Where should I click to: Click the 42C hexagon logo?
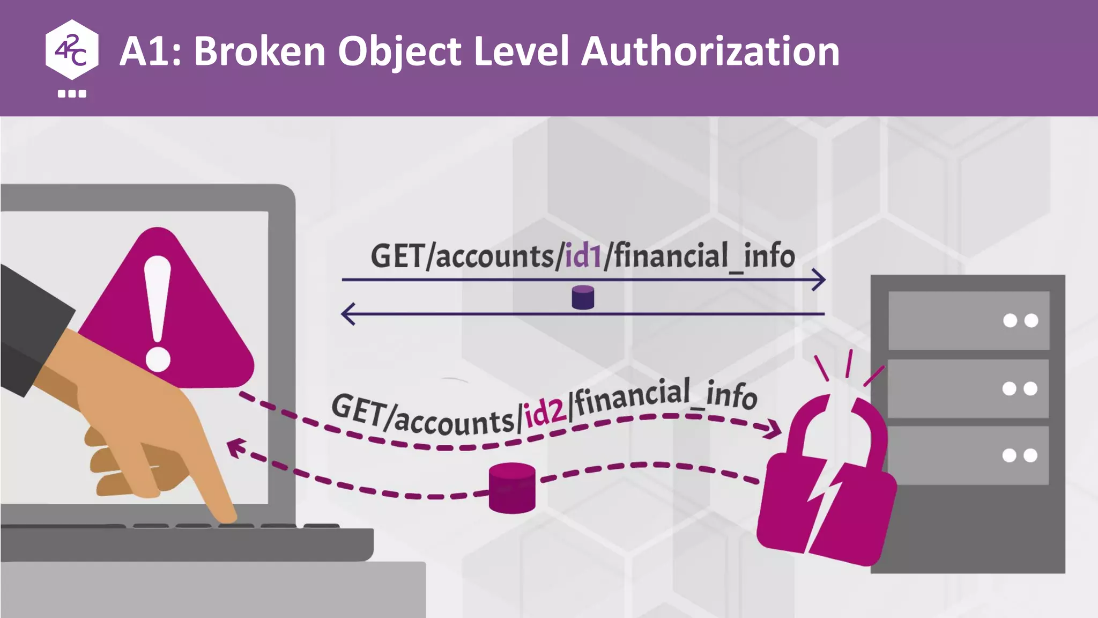[72, 50]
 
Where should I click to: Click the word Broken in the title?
[260, 51]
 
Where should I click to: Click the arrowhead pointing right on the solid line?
[819, 279]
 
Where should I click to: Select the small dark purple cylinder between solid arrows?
[583, 297]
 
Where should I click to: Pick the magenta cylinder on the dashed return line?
[512, 488]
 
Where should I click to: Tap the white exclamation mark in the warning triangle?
[158, 314]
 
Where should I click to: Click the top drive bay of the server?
[968, 320]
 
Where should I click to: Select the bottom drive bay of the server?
[968, 455]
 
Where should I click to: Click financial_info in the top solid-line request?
[703, 256]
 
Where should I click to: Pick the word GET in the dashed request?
[358, 409]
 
